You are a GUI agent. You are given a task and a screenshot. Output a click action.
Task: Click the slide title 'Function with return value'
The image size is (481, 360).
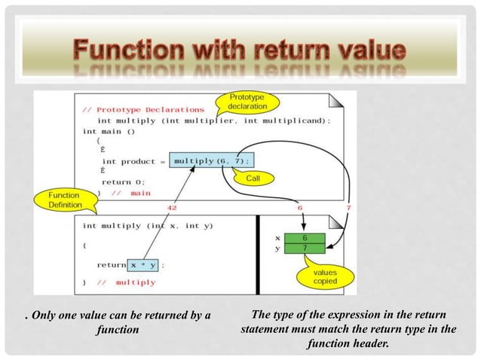click(x=240, y=52)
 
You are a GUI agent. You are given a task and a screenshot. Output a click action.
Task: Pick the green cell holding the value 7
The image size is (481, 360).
click(x=303, y=247)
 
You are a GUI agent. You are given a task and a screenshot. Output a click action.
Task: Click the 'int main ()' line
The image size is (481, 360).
click(x=109, y=131)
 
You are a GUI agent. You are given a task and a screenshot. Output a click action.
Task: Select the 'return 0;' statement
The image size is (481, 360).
click(x=123, y=182)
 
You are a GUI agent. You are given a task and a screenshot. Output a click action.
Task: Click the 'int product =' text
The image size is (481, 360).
click(x=133, y=161)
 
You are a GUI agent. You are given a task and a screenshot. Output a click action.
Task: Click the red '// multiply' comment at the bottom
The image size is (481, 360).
click(x=125, y=282)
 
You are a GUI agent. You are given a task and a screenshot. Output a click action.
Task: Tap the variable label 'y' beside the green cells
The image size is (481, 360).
click(x=279, y=248)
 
